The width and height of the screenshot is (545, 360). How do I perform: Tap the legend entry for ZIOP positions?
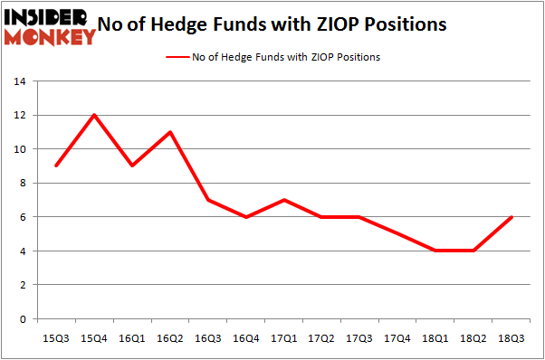[x=272, y=57]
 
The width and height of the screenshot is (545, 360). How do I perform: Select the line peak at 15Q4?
[x=94, y=115]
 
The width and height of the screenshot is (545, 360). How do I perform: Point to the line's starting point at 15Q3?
[x=56, y=166]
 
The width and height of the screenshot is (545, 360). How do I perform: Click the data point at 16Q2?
[x=169, y=132]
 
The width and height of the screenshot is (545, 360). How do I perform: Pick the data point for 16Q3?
[x=207, y=200]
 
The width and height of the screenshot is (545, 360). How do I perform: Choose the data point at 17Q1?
[x=283, y=200]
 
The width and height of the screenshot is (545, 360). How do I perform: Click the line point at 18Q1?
[x=435, y=251]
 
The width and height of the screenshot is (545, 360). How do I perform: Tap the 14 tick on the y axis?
[x=18, y=81]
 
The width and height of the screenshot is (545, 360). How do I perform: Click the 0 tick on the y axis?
[x=22, y=319]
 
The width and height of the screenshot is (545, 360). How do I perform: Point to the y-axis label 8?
[x=22, y=184]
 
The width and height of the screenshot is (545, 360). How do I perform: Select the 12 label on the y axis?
[x=18, y=116]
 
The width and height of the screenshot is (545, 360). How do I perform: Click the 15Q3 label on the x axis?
[x=56, y=337]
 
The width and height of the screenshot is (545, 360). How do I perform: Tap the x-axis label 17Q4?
[x=397, y=337]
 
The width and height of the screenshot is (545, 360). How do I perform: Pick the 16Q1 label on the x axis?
[x=132, y=337]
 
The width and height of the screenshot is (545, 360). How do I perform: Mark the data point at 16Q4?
[x=245, y=217]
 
